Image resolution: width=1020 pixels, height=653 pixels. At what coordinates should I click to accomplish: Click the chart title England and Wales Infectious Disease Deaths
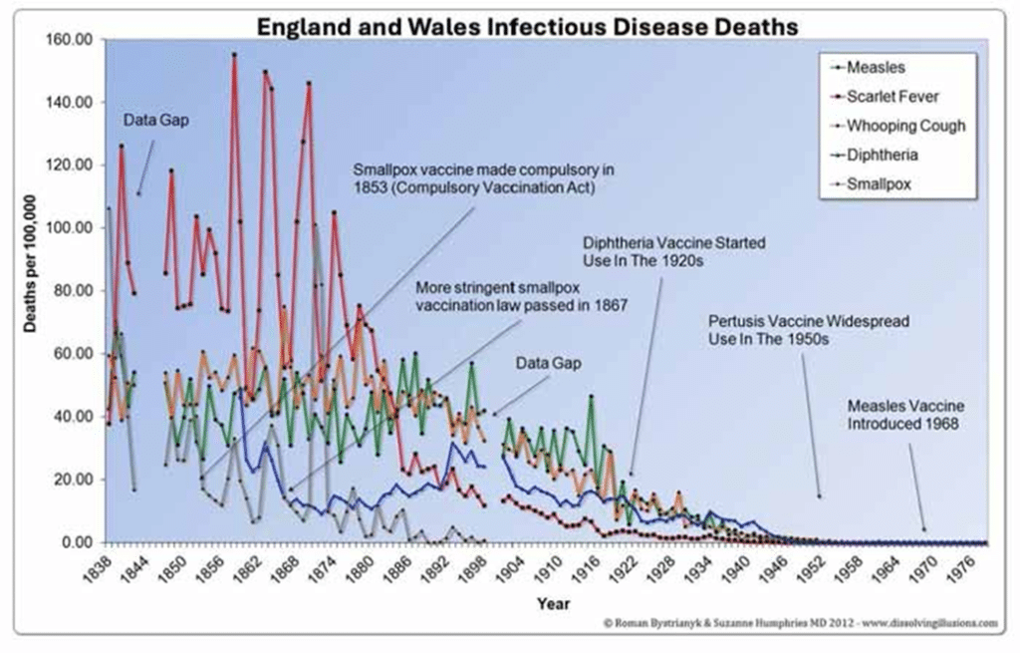tap(527, 25)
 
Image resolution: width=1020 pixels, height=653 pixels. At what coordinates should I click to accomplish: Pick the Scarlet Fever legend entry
tap(892, 97)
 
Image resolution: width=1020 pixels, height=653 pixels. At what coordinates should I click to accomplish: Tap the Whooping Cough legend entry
tap(904, 126)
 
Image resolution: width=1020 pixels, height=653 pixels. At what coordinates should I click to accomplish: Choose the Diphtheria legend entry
tap(882, 155)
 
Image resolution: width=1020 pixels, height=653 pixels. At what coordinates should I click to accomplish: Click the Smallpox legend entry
tap(878, 183)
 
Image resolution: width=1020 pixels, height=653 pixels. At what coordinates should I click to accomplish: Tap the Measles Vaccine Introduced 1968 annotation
tap(904, 415)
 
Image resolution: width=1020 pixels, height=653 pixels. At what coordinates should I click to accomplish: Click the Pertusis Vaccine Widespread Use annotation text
tap(782, 331)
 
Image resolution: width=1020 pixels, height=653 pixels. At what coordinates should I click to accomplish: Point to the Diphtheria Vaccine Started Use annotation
tap(653, 251)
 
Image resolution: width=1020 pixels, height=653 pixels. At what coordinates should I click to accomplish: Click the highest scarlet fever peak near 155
tap(234, 55)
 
